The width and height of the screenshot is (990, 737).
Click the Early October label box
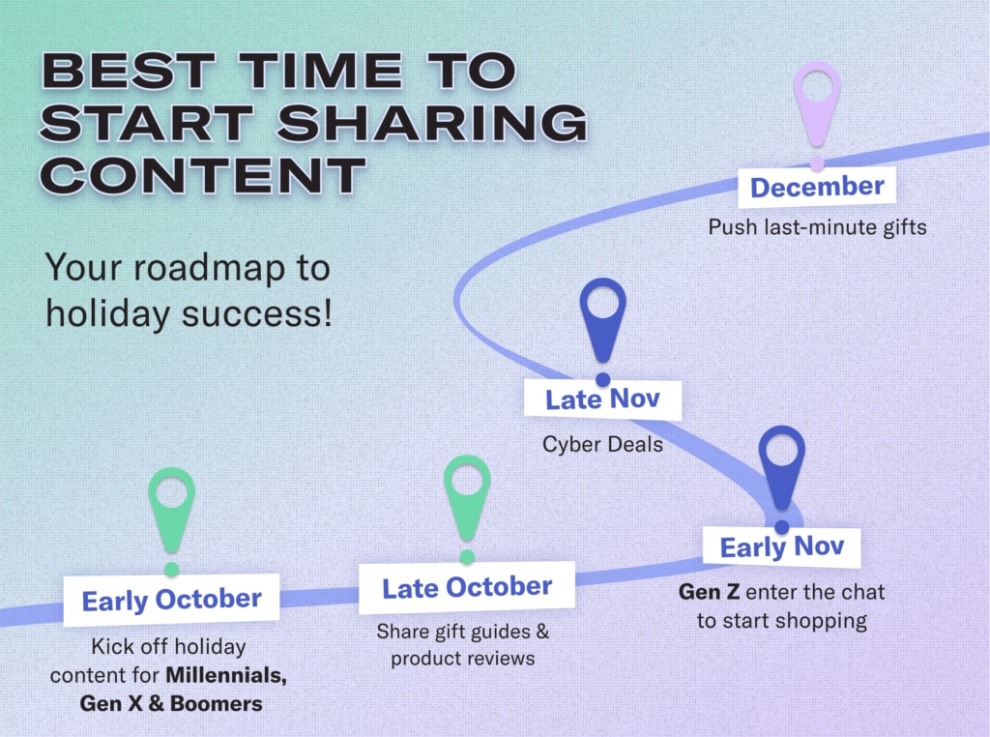[172, 600]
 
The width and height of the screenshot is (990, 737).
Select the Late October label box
[467, 587]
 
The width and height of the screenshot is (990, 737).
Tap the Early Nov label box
[781, 546]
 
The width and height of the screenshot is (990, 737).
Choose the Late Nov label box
[603, 399]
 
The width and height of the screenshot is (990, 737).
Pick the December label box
[817, 187]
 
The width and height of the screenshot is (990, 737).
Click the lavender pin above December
[817, 104]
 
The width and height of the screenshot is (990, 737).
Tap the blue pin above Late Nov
[603, 319]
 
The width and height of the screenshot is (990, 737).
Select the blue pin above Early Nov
[781, 467]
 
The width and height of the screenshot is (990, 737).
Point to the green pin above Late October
[467, 497]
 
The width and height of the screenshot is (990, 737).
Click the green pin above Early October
[172, 510]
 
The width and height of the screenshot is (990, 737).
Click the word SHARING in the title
[432, 123]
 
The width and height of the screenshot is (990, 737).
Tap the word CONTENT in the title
[203, 176]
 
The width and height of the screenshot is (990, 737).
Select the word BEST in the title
[130, 70]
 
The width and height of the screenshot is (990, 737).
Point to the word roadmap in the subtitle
[209, 269]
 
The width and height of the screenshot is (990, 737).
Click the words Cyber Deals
[603, 445]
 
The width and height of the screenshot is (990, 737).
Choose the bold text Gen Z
[709, 592]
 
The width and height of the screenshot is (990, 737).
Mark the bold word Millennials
[226, 676]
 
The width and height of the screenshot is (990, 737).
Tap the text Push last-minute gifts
[818, 227]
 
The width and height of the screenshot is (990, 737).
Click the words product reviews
[463, 659]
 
